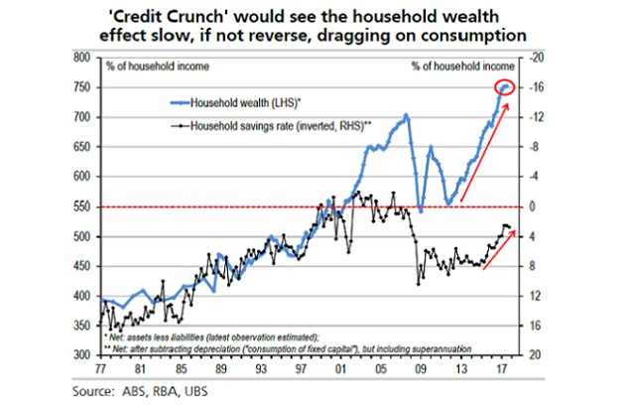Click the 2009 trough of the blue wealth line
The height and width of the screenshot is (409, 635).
pyautogui.click(x=421, y=209)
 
